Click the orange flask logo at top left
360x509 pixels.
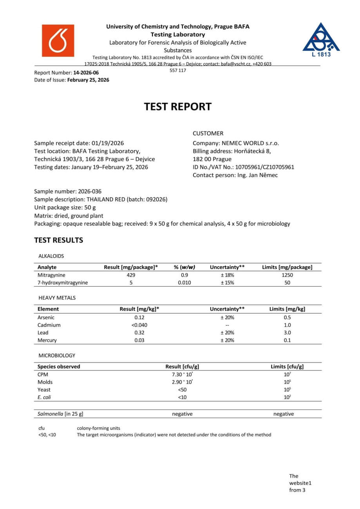point(58,41)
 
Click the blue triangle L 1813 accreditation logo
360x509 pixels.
point(321,39)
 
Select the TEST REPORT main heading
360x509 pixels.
point(178,106)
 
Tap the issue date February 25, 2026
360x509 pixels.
point(88,80)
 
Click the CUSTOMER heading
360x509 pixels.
point(208,133)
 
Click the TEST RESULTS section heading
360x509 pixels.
point(59,240)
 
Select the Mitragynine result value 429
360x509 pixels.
point(131,275)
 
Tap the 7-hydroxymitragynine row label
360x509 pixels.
point(63,283)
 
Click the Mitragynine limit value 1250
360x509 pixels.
point(287,275)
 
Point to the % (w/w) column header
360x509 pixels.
point(184,267)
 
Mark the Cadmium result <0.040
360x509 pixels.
point(139,325)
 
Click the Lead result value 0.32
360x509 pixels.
point(139,332)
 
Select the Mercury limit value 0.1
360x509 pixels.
point(287,340)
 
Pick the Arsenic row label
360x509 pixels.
point(46,318)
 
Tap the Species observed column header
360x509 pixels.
point(59,366)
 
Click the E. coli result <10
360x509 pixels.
point(182,397)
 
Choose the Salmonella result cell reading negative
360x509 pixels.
point(182,414)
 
